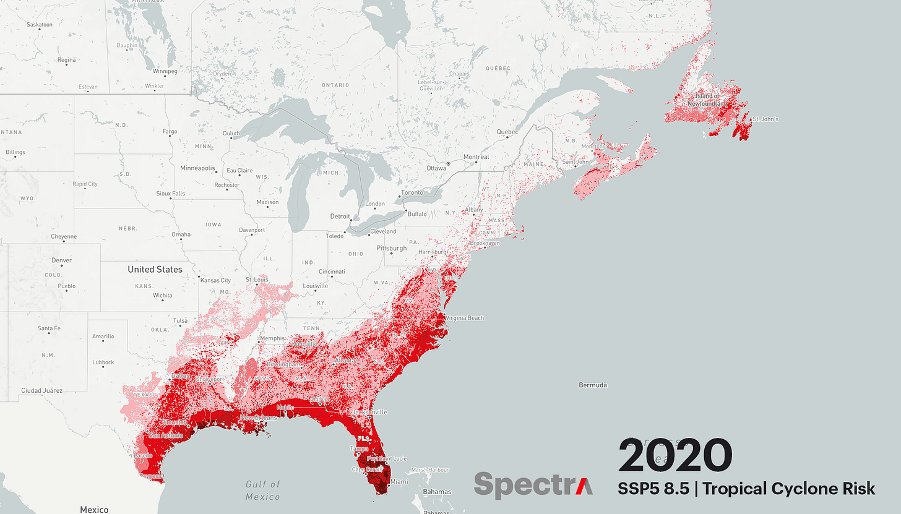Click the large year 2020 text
coord(675,456)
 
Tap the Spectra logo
coord(533,484)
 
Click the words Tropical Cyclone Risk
coord(789,488)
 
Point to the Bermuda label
coord(592,385)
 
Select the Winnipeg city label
coord(164,71)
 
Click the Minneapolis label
coord(197,168)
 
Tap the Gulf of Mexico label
coord(262,490)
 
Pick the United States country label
coord(155,269)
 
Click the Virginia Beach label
coord(464,318)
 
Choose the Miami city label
coord(399,482)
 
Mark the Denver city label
coord(62,260)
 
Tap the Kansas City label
coord(216,280)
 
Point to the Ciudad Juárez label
coord(41,390)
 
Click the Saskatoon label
coord(40,25)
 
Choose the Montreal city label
coord(476,157)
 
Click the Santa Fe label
coord(49,328)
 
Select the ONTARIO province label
coord(335,84)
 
